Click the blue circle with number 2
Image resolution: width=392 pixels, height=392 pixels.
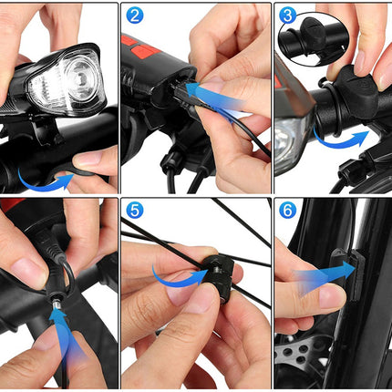pyautogui.click(x=134, y=15)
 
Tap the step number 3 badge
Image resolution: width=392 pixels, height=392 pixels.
pyautogui.click(x=287, y=15)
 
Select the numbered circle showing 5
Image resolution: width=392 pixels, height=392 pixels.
pyautogui.click(x=134, y=210)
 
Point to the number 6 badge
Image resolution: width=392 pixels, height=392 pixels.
pyautogui.click(x=287, y=210)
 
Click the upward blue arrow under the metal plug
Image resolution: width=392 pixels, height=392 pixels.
pyautogui.click(x=66, y=335)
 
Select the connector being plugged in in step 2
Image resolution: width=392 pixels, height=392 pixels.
pyautogui.click(x=180, y=91)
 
